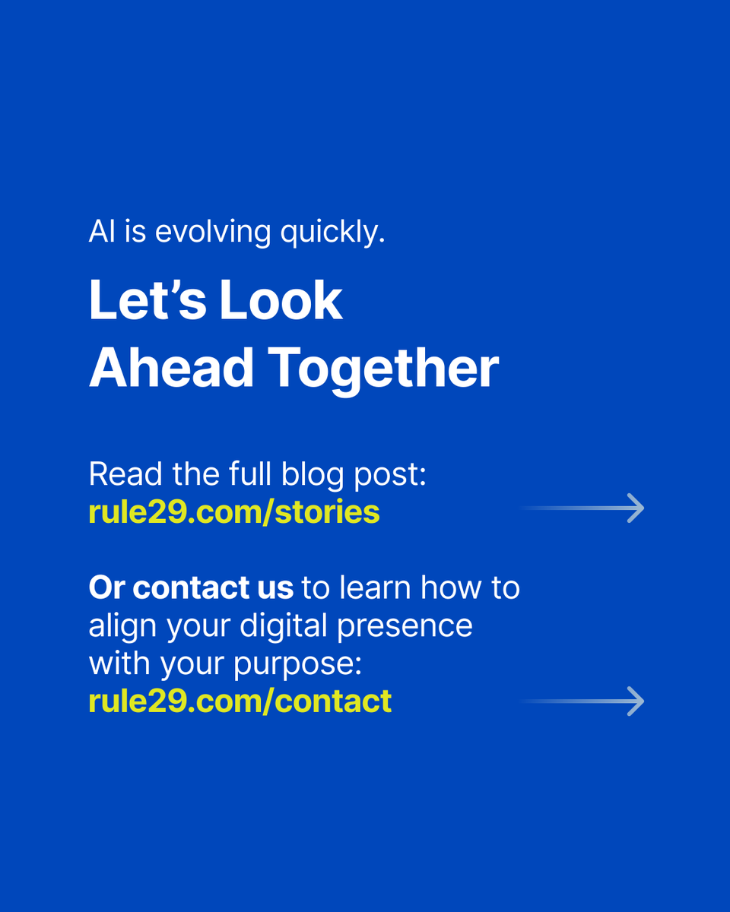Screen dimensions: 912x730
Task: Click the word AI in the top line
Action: click(102, 232)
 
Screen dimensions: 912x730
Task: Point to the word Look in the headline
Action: click(281, 300)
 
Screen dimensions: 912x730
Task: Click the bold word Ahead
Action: click(171, 368)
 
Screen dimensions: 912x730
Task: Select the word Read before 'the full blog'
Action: click(119, 474)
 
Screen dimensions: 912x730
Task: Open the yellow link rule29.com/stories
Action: click(234, 512)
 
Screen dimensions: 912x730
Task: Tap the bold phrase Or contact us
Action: click(191, 587)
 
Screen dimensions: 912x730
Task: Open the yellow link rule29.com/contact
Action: click(240, 701)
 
